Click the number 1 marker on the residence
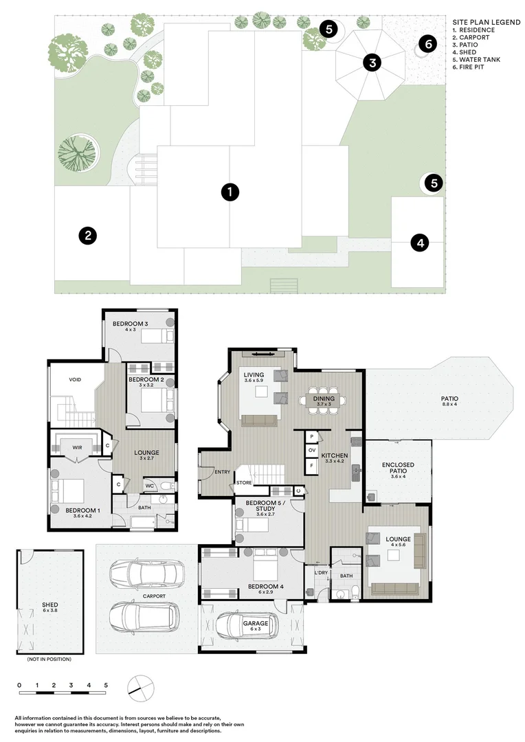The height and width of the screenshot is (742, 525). point(230,192)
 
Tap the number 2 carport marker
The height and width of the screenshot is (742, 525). point(87,236)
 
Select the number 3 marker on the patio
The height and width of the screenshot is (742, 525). point(372,63)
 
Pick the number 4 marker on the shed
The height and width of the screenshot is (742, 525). point(420,243)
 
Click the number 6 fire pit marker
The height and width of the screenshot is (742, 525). point(428,44)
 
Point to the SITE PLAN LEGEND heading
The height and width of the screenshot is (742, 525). point(487,22)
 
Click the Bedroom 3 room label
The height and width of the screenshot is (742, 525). point(130,324)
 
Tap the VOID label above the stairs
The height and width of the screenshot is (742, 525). point(75,379)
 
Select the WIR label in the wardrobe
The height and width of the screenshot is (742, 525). point(77,448)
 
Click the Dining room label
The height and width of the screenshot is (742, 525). point(324,398)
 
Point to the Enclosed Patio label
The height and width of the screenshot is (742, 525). point(398,468)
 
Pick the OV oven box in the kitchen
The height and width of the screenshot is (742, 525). point(312,450)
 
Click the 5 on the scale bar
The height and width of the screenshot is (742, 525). point(106,685)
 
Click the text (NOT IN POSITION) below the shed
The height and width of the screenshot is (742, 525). point(49,659)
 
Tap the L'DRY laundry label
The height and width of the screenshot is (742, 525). point(321,573)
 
